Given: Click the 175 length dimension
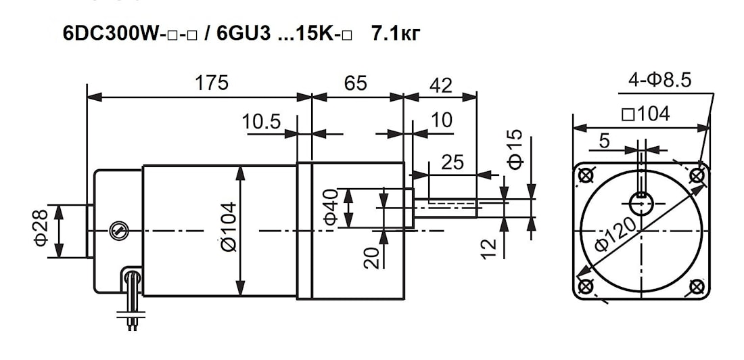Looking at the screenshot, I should click(212, 83).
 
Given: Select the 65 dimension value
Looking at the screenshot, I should click(356, 83).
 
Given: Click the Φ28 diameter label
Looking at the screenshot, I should click(41, 229).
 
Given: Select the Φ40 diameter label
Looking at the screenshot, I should click(330, 208).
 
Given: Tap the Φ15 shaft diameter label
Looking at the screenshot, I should click(515, 150).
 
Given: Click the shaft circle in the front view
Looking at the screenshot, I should click(641, 202).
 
